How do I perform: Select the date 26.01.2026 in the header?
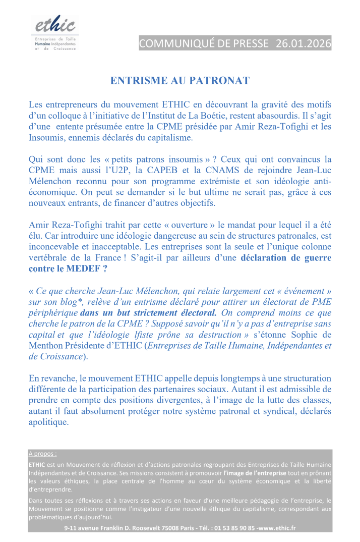point(303,43)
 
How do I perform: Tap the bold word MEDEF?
point(83,268)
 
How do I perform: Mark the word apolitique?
point(48,422)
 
